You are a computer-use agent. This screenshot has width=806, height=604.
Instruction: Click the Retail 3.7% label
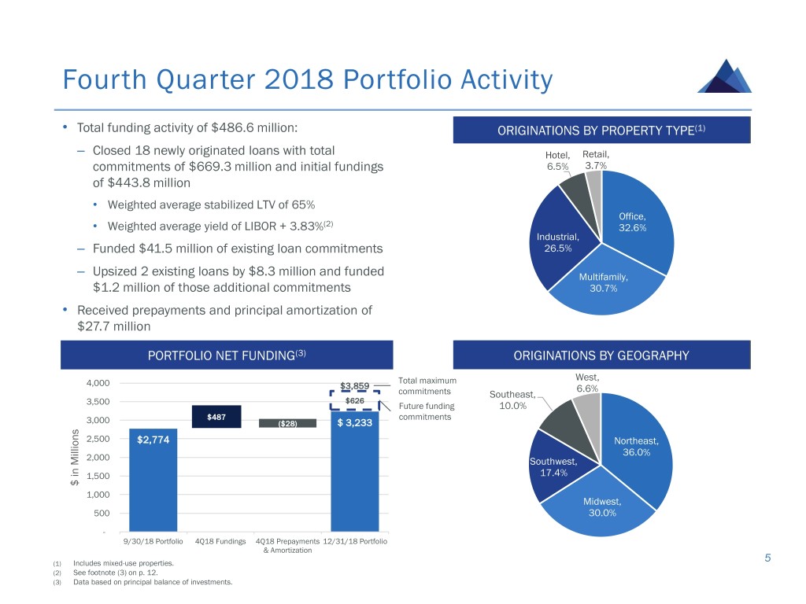[596, 160]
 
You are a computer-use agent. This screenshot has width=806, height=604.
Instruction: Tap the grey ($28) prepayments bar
[288, 423]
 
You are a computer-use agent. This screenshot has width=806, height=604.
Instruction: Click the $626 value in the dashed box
[357, 400]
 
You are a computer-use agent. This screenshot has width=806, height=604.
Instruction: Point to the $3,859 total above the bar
[354, 385]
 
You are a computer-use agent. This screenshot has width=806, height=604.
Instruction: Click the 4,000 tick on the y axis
[98, 383]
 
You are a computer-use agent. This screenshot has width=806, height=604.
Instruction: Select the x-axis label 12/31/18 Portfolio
[355, 541]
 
